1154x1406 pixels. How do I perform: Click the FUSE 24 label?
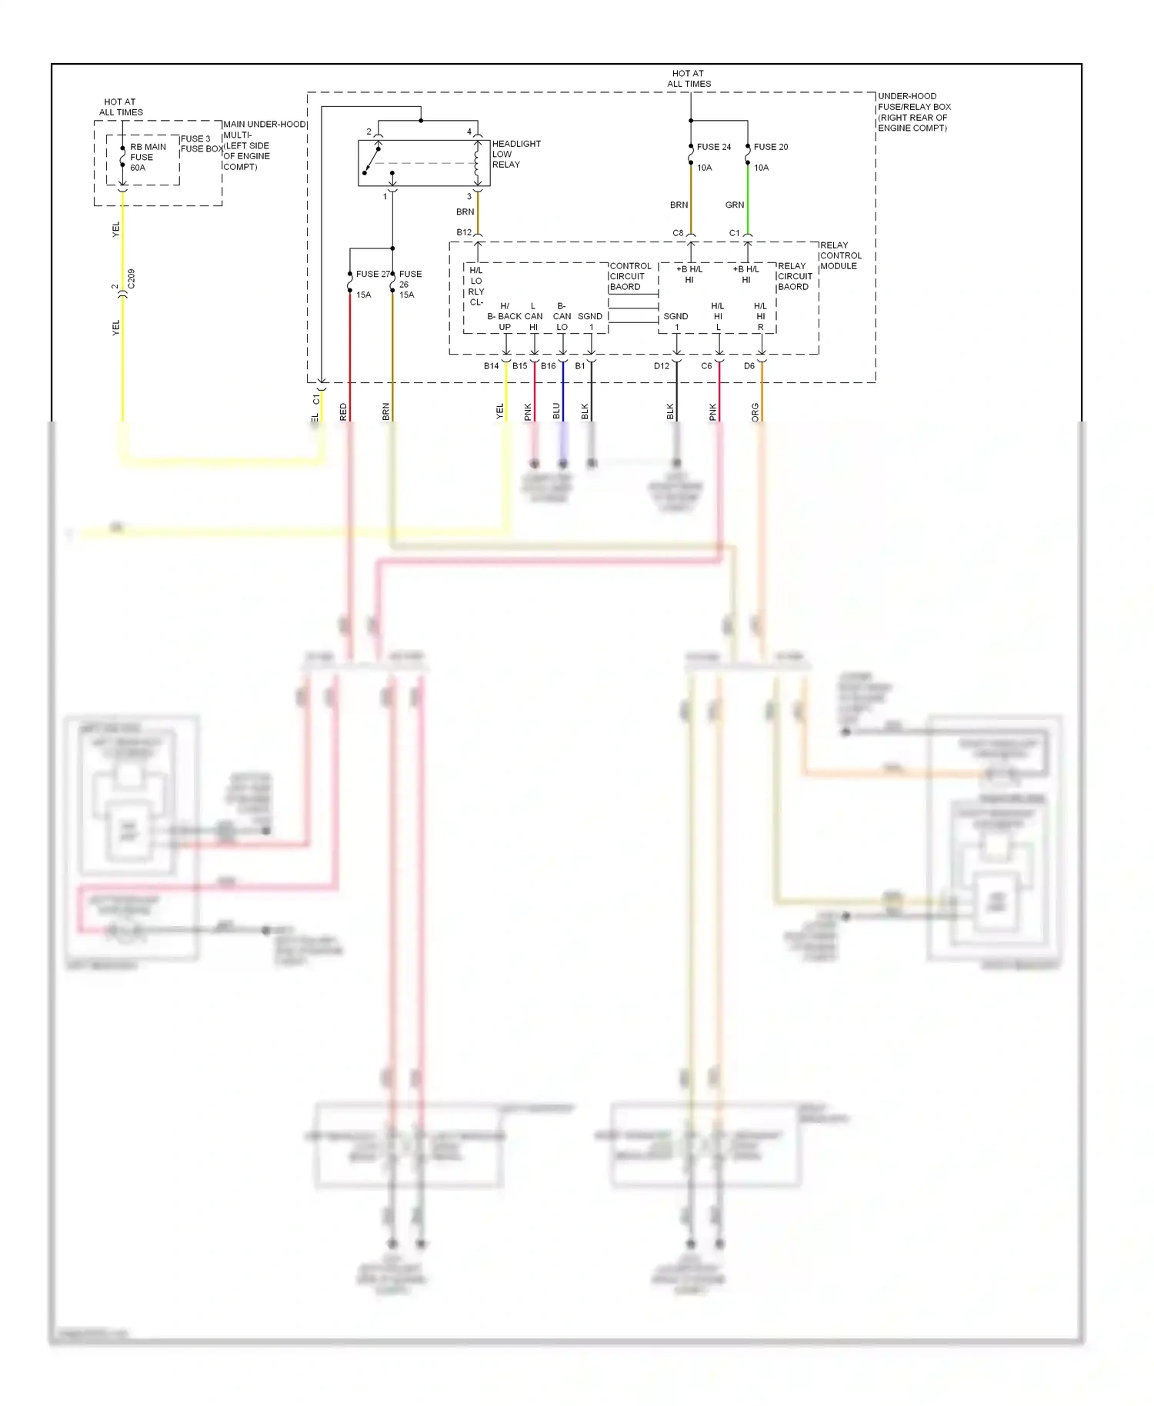pyautogui.click(x=713, y=147)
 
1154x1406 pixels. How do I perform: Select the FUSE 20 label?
pyautogui.click(x=770, y=147)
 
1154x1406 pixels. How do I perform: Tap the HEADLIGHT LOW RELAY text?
pyautogui.click(x=516, y=154)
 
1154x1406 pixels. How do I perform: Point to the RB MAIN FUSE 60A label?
pyautogui.click(x=147, y=157)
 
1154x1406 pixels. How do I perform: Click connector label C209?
pyautogui.click(x=132, y=278)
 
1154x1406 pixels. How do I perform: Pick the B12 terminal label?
pyautogui.click(x=464, y=232)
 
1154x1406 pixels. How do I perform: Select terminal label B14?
pyautogui.click(x=491, y=366)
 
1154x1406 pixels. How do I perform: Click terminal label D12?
pyautogui.click(x=662, y=366)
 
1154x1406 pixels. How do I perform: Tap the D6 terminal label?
pyautogui.click(x=749, y=366)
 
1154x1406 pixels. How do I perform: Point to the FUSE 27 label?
pyautogui.click(x=372, y=274)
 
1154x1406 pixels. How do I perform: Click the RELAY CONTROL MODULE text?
pyautogui.click(x=840, y=255)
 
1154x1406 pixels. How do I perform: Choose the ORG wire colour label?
pyautogui.click(x=755, y=412)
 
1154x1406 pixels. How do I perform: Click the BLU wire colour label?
pyautogui.click(x=556, y=411)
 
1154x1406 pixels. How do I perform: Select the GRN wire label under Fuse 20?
pyautogui.click(x=735, y=205)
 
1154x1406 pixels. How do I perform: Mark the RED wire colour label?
pyautogui.click(x=344, y=411)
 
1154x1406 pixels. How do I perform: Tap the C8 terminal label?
pyautogui.click(x=678, y=233)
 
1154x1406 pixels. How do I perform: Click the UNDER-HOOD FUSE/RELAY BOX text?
pyautogui.click(x=914, y=112)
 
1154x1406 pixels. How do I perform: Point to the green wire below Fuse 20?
pyautogui.click(x=748, y=200)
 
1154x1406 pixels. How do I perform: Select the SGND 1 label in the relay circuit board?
pyautogui.click(x=675, y=322)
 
